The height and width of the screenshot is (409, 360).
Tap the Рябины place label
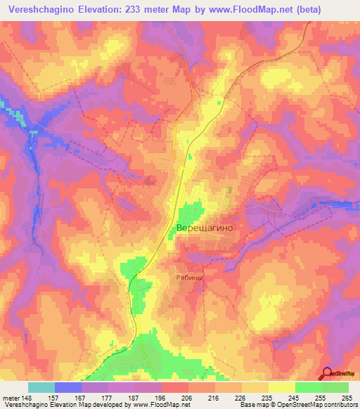click(188, 278)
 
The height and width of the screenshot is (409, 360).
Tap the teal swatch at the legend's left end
click(41, 387)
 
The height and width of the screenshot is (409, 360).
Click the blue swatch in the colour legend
click(67, 387)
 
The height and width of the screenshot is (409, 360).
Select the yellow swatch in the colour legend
click(281, 387)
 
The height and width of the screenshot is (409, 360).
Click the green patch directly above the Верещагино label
click(190, 212)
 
